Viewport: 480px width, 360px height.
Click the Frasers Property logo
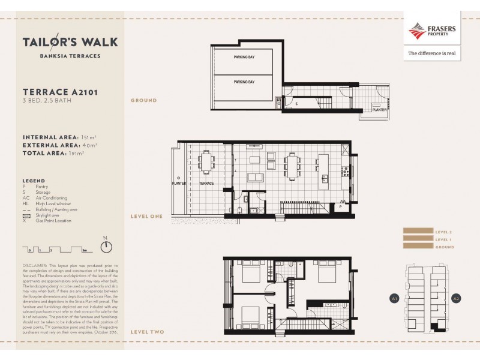[x=431, y=31]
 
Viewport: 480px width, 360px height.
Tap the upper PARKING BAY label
[x=244, y=58]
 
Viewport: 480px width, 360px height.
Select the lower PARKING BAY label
[x=244, y=82]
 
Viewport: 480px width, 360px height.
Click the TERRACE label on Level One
[x=206, y=183]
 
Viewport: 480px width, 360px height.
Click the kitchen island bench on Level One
[x=325, y=168]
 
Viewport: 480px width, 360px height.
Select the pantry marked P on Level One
[x=340, y=207]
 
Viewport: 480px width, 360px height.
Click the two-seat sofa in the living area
[x=255, y=178]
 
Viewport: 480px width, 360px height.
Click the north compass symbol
[x=106, y=246]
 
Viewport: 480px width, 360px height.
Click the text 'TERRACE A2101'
[x=60, y=92]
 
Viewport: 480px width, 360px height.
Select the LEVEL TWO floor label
[x=147, y=331]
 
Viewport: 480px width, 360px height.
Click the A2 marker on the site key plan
[x=455, y=298]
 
